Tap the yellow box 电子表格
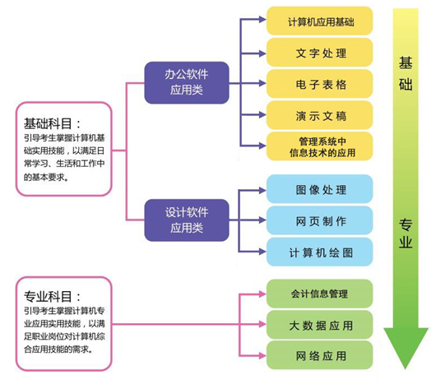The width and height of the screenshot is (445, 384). [319, 84]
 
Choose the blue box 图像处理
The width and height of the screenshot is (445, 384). [319, 189]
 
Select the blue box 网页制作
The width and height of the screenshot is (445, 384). [319, 220]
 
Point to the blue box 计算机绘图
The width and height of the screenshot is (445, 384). [319, 252]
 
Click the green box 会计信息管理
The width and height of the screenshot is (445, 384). [319, 294]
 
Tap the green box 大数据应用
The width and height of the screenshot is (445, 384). [319, 325]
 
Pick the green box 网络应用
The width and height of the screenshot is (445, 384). [319, 355]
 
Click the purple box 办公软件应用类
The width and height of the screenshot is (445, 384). [186, 82]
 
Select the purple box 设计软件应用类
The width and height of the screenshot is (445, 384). [186, 220]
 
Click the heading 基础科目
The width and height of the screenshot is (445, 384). [53, 123]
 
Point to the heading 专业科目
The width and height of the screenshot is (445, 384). [53, 296]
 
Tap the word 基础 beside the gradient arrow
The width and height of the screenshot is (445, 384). [406, 74]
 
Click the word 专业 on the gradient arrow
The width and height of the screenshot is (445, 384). [406, 233]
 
